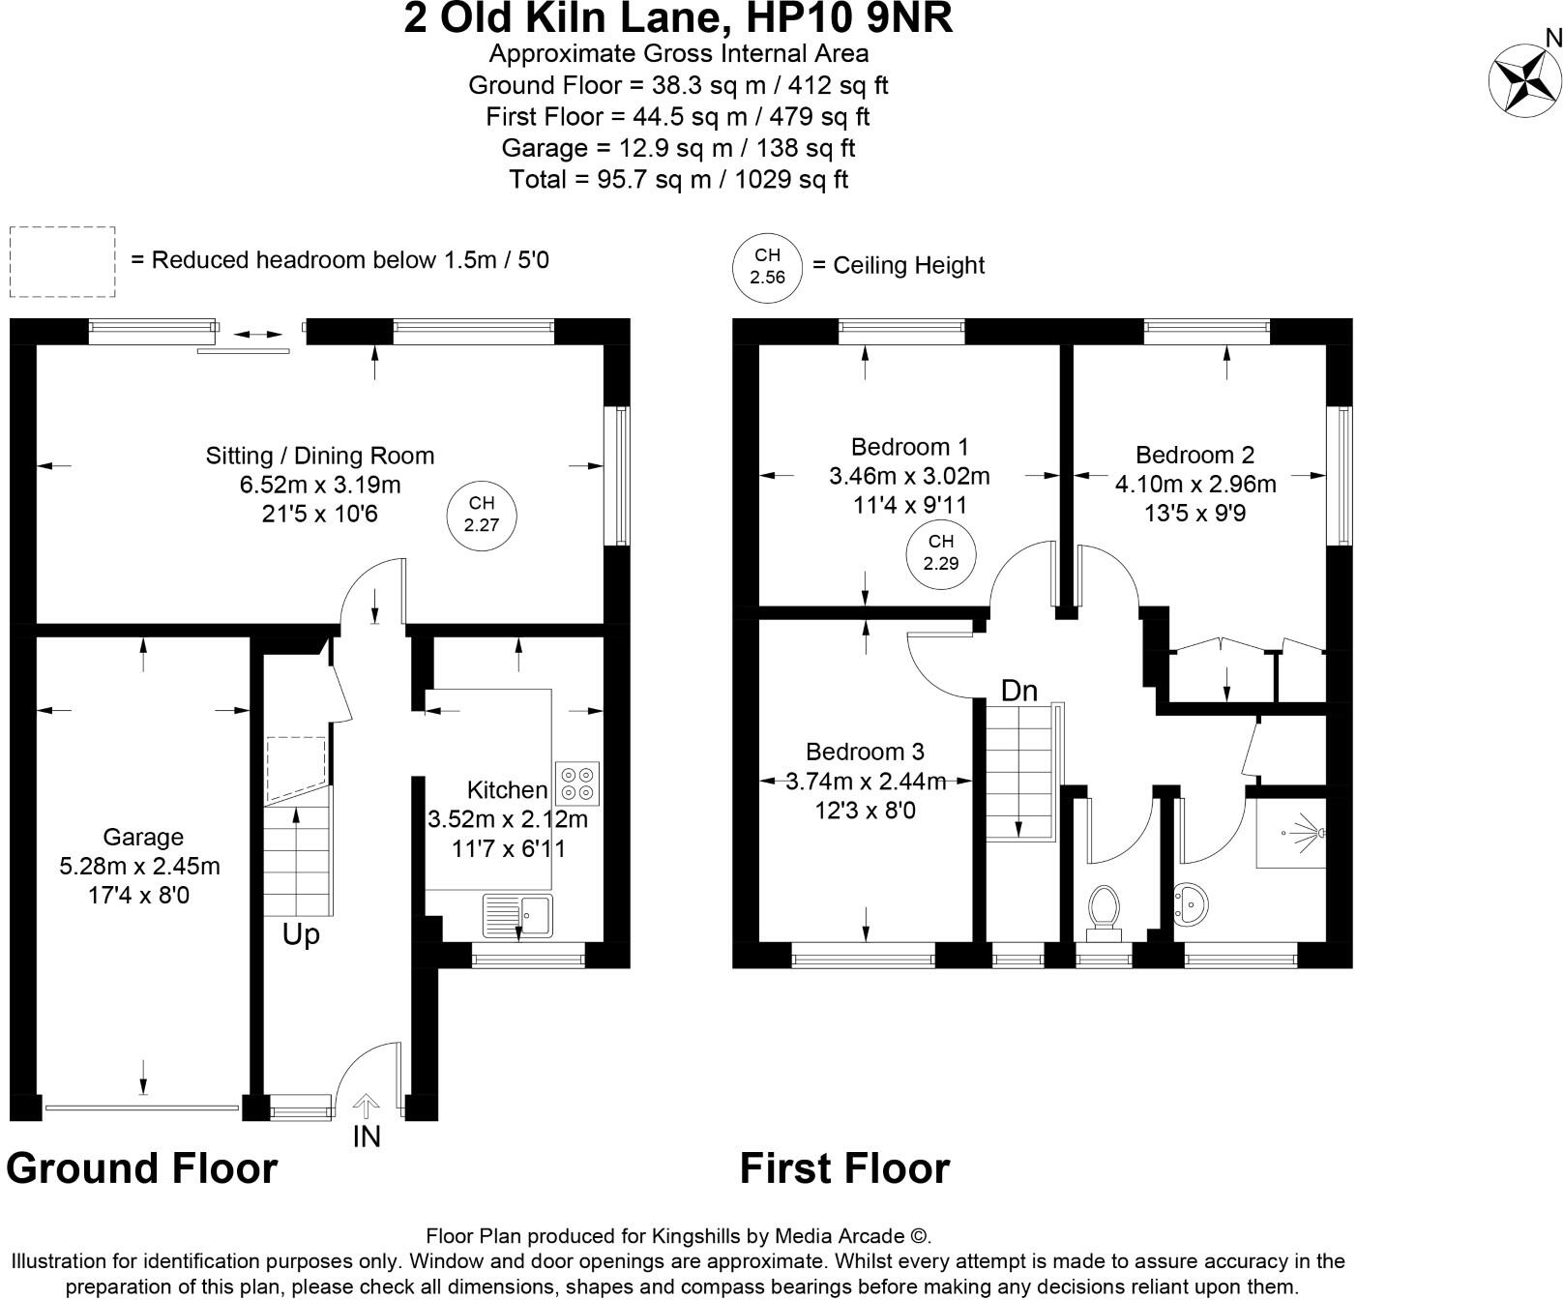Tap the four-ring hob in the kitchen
point(577,783)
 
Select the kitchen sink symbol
point(517,915)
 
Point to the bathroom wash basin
point(1191,905)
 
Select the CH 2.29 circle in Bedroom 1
point(940,552)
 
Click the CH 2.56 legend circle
point(767,266)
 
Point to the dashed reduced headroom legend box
point(62,261)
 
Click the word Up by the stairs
point(301,935)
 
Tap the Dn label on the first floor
point(1018,691)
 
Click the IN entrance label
point(367,1137)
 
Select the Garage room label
point(143,837)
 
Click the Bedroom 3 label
point(865,752)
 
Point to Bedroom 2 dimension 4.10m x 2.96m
point(1195,484)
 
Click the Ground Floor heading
point(142,1168)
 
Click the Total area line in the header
point(678,179)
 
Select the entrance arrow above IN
point(367,1107)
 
